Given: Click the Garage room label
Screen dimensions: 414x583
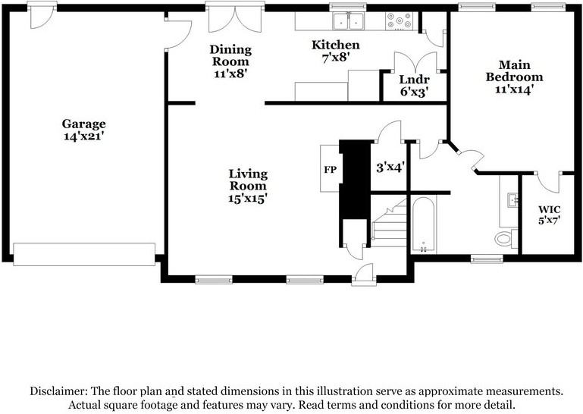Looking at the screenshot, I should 83,124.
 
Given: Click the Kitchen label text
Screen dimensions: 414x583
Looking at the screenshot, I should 336,45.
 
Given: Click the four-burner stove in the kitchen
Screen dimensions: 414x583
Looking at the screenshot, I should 399,21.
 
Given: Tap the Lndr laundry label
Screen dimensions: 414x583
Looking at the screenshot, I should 415,80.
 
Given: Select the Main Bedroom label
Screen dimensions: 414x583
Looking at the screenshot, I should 514,71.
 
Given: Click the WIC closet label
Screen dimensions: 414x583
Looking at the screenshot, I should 549,209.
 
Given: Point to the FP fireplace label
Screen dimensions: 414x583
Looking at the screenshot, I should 330,169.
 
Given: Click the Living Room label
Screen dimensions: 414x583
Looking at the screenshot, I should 248,180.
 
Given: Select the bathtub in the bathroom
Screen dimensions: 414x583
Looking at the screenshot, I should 422,224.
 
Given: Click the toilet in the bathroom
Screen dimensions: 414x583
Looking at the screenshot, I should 504,239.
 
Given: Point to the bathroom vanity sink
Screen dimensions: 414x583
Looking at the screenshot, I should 511,200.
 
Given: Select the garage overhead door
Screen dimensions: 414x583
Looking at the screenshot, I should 84,254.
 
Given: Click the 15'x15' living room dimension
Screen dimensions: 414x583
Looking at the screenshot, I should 248,198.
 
